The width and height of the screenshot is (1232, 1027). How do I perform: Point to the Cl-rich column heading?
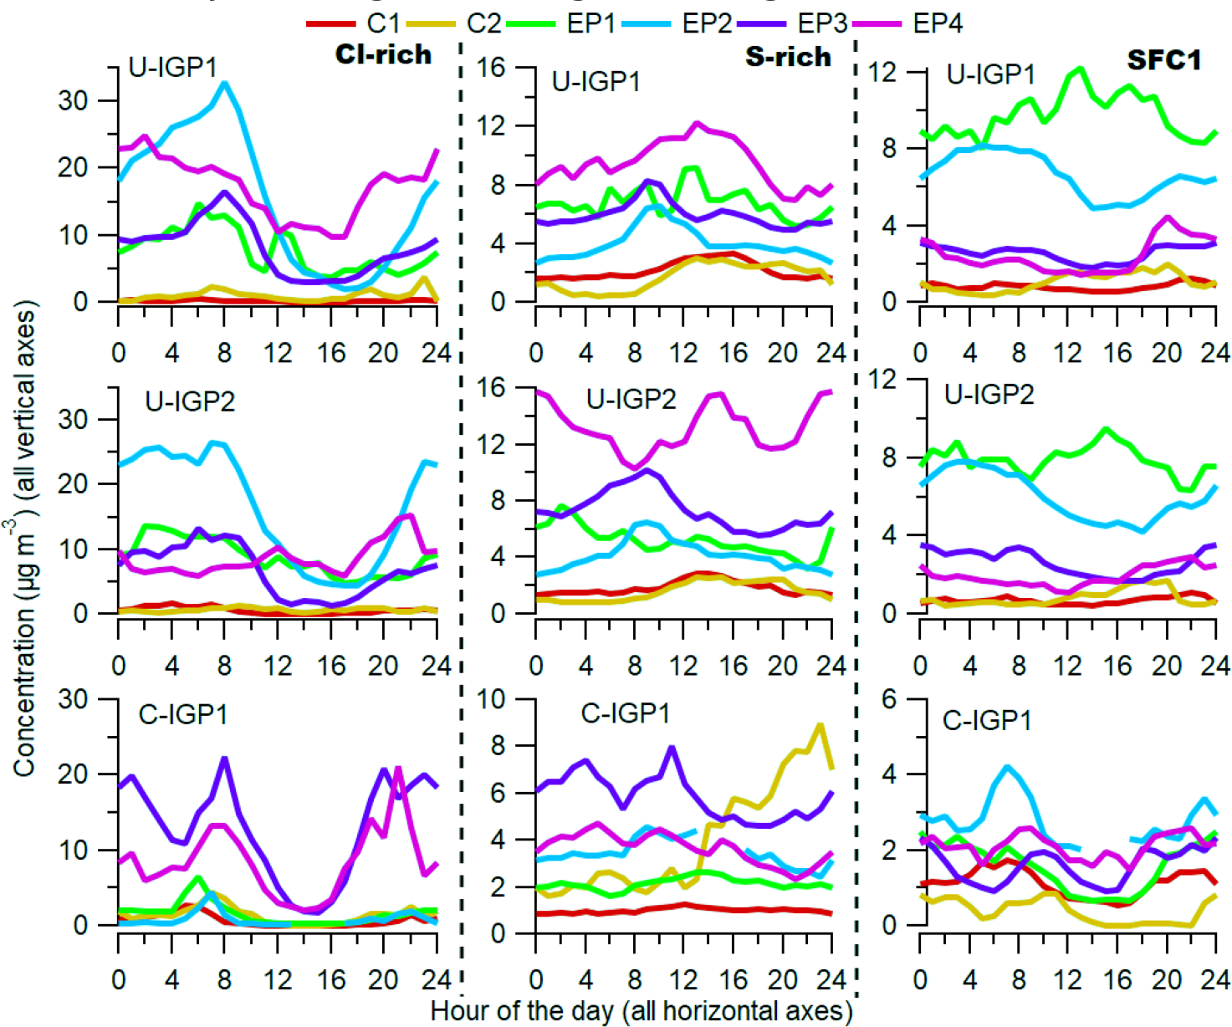click(383, 55)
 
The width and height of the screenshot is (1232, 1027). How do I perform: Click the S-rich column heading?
click(788, 57)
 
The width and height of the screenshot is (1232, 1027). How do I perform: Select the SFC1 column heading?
click(1163, 60)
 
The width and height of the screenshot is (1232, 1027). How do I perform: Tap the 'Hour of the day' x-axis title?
click(641, 1011)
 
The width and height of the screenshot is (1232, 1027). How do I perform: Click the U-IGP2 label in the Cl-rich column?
click(190, 401)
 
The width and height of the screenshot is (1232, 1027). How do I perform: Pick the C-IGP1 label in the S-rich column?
click(626, 713)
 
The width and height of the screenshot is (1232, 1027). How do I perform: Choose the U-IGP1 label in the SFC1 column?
click(990, 74)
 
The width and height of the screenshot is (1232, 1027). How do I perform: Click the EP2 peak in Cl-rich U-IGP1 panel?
click(224, 83)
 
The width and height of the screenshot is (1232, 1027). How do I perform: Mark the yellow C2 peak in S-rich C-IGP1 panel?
click(820, 725)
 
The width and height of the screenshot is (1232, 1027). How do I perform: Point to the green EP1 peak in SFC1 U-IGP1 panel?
click(1080, 69)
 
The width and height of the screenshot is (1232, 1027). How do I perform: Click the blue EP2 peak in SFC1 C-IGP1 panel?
click(1006, 766)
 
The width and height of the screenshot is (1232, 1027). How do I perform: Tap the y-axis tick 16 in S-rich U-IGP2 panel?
click(491, 387)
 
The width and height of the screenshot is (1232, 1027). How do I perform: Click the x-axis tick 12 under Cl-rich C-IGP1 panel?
click(278, 978)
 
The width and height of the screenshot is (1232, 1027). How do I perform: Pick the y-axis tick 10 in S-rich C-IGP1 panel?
click(491, 698)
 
